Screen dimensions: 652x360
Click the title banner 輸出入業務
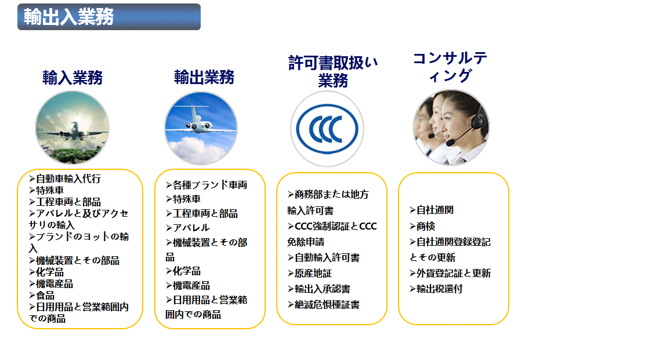[109, 17]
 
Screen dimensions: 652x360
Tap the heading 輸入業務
[73, 78]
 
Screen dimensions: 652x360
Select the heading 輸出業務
[204, 77]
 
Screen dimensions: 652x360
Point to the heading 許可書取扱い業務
[333, 71]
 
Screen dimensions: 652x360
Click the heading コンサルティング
[450, 67]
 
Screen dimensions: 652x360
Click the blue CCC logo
[327, 129]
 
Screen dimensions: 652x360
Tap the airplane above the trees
[74, 130]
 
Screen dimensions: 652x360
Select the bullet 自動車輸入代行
[65, 179]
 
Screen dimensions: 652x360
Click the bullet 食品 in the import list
[42, 296]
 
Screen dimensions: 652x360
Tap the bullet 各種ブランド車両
[207, 185]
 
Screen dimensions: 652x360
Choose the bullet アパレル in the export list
[187, 228]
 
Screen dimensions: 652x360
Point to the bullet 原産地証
[309, 274]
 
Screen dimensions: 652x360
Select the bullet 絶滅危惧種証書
[324, 305]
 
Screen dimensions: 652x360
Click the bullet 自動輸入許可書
[324, 258]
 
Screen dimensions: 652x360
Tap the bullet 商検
[422, 227]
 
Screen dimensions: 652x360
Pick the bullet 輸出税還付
[436, 289]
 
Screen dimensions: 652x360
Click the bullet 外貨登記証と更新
[450, 273]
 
